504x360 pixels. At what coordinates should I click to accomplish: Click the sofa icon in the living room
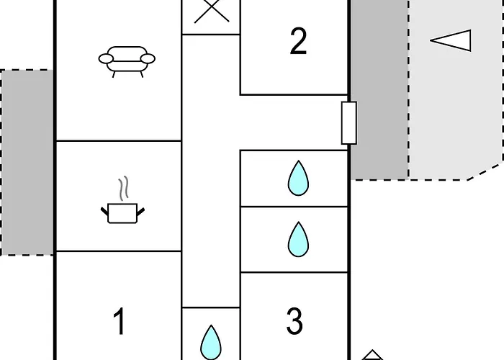pyautogui.click(x=127, y=62)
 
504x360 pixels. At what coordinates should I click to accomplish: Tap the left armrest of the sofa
pyautogui.click(x=106, y=59)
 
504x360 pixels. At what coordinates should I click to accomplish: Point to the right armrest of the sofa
pyautogui.click(x=148, y=59)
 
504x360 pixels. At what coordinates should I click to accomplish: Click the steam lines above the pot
pyautogui.click(x=123, y=189)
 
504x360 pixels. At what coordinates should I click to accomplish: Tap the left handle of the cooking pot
pyautogui.click(x=104, y=212)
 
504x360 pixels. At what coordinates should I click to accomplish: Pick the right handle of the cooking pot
pyautogui.click(x=141, y=212)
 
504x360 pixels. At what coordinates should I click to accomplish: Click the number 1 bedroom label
pyautogui.click(x=119, y=321)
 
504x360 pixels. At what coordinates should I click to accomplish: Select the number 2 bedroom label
pyautogui.click(x=298, y=41)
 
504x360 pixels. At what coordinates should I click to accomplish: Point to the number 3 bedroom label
pyautogui.click(x=294, y=321)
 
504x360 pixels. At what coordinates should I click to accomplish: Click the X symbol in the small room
pyautogui.click(x=212, y=12)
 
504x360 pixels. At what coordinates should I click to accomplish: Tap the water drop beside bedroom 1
pyautogui.click(x=211, y=343)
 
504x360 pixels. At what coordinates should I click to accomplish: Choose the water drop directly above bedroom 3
pyautogui.click(x=298, y=240)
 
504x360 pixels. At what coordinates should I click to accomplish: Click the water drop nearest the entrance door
pyautogui.click(x=298, y=179)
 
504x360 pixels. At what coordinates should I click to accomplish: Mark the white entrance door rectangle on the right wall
pyautogui.click(x=348, y=123)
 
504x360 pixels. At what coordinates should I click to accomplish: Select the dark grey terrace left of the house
pyautogui.click(x=27, y=163)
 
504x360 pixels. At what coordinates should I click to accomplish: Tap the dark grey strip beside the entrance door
pyautogui.click(x=379, y=90)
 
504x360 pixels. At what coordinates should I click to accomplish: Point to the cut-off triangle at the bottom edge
pyautogui.click(x=372, y=355)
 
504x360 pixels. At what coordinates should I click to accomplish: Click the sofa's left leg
pyautogui.click(x=114, y=75)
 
